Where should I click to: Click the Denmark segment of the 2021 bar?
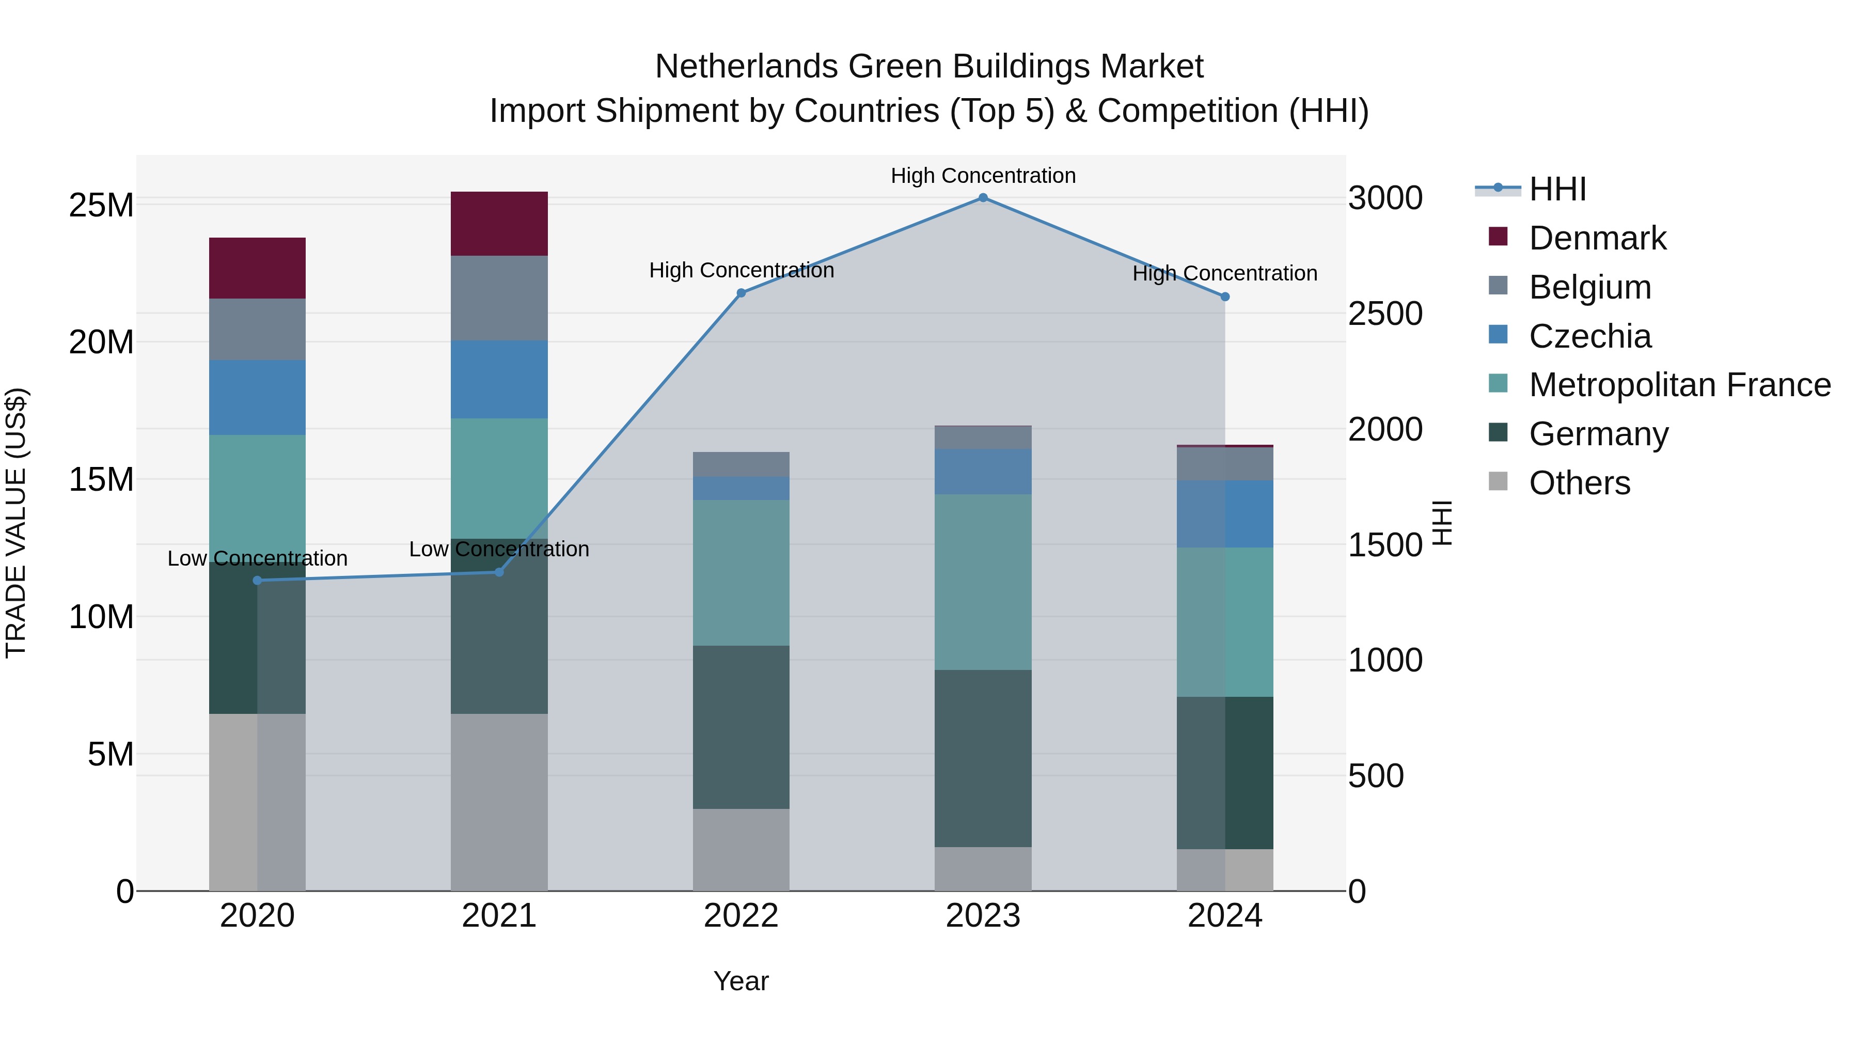pos(499,224)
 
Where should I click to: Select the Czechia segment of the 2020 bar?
pos(257,397)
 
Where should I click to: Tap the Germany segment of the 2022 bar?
pos(741,727)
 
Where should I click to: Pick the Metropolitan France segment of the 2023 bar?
pos(982,582)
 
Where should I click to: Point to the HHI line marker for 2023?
pos(982,198)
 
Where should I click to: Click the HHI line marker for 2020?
pos(257,581)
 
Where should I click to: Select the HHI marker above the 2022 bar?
pos(741,293)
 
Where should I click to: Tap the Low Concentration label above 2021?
pos(499,550)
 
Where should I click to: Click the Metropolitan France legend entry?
pos(1679,385)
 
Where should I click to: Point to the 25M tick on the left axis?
pos(101,206)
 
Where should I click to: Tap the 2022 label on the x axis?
pos(741,916)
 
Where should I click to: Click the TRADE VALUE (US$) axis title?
pos(16,523)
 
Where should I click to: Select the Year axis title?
pos(741,981)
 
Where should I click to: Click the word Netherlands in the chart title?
pos(746,67)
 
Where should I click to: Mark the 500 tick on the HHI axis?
pos(1376,776)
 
